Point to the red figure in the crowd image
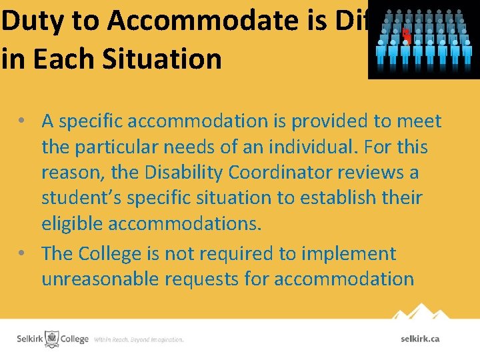[405, 35]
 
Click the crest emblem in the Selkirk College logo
[51, 339]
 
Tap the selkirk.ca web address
[420, 339]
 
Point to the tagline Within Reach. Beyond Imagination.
[139, 340]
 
